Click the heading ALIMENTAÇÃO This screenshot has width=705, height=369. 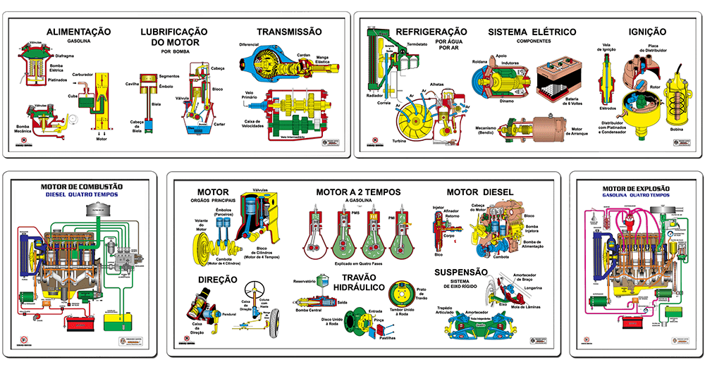[x=78, y=32]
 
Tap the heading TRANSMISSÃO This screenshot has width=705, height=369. [x=289, y=32]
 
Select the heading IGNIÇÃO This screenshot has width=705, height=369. [x=647, y=32]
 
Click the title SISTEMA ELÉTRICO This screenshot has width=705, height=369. [x=532, y=32]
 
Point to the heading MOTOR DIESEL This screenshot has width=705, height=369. [x=480, y=192]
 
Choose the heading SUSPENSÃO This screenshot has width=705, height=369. [x=461, y=273]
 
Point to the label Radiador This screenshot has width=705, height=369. [x=374, y=95]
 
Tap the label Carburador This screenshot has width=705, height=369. [x=82, y=73]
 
